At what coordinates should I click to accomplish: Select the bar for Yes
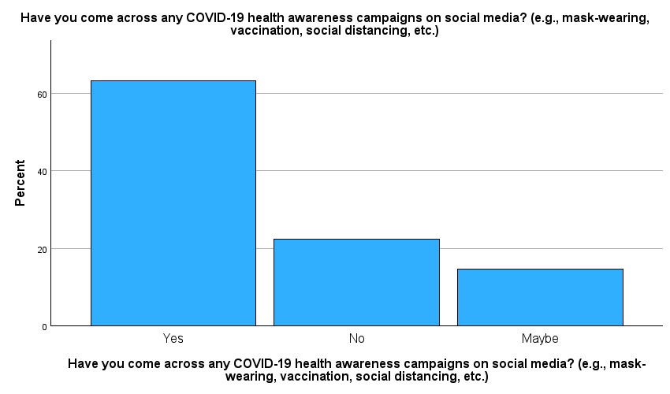pyautogui.click(x=173, y=203)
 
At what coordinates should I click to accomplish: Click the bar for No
pyautogui.click(x=356, y=282)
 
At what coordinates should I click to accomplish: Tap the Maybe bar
pyautogui.click(x=540, y=297)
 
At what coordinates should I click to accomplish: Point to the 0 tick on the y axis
pyautogui.click(x=44, y=327)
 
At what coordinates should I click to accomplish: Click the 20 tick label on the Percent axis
pyautogui.click(x=42, y=250)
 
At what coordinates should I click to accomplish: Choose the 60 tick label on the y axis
pyautogui.click(x=42, y=95)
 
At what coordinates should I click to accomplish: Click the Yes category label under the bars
pyautogui.click(x=173, y=339)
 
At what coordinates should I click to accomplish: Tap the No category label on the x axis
pyautogui.click(x=357, y=339)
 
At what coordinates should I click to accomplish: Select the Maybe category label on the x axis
pyautogui.click(x=540, y=340)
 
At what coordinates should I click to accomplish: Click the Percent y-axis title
pyautogui.click(x=20, y=183)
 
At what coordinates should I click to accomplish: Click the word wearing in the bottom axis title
pyautogui.click(x=250, y=377)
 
